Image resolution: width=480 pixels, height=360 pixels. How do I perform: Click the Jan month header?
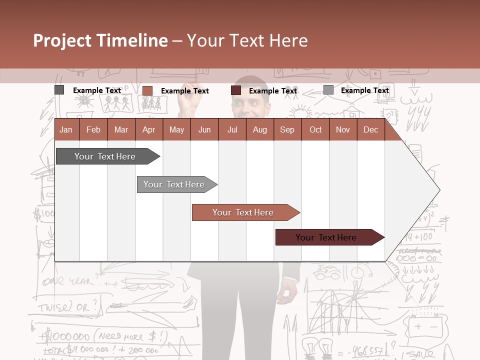tap(66, 130)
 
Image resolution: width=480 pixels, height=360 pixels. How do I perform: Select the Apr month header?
tap(148, 130)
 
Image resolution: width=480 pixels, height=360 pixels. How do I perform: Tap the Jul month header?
tap(232, 130)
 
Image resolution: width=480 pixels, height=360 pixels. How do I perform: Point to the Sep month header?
tap(287, 130)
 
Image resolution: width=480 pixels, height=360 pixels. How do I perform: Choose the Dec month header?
tap(370, 130)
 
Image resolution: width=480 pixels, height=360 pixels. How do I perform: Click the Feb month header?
tap(93, 130)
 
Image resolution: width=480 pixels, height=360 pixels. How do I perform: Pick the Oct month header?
tap(315, 130)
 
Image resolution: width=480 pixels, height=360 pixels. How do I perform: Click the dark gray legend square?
tap(59, 90)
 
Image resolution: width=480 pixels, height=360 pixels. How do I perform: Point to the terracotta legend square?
tap(147, 90)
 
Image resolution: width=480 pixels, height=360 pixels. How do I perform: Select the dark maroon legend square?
tap(236, 90)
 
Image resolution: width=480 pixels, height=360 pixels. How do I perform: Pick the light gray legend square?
tap(328, 90)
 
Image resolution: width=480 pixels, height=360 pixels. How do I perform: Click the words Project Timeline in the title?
tap(100, 40)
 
